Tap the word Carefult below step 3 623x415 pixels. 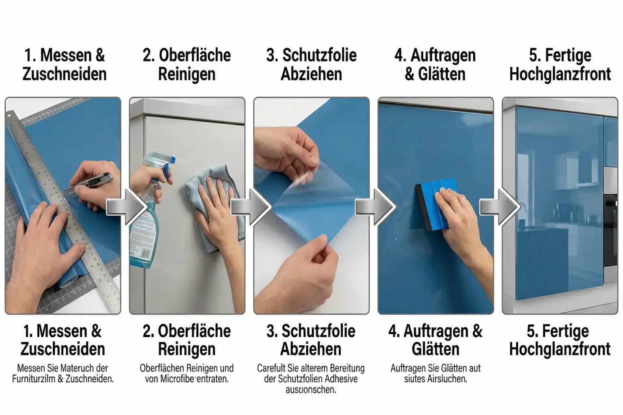[x=271, y=368]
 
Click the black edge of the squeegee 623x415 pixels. [x=419, y=209]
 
